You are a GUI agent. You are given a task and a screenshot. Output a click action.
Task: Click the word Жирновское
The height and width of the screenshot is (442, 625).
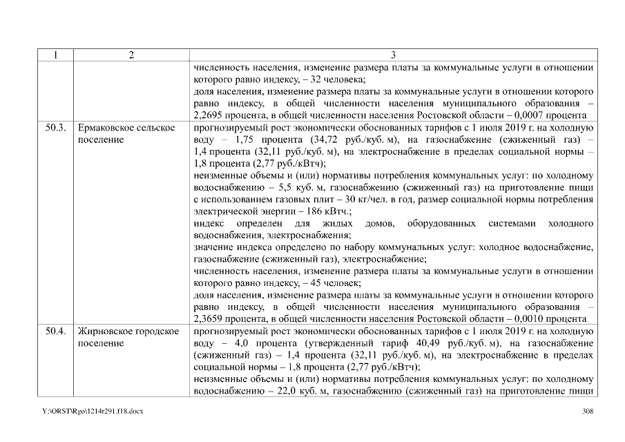click(x=106, y=331)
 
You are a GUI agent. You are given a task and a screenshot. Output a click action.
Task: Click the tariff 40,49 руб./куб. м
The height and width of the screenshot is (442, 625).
click(x=419, y=343)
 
